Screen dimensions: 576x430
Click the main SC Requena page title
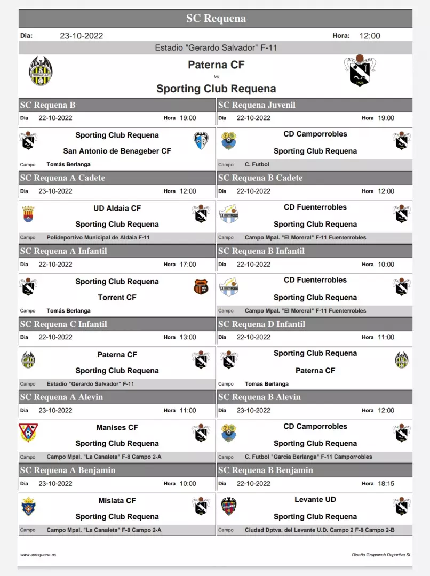click(216, 19)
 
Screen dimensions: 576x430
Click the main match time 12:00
click(370, 36)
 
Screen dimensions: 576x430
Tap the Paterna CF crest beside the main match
click(41, 71)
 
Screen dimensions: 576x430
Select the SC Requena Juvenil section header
click(257, 105)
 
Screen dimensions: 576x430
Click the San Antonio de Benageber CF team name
click(117, 151)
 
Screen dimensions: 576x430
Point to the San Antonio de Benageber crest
click(201, 141)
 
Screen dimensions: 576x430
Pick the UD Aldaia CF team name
click(117, 208)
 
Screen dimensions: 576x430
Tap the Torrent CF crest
click(201, 287)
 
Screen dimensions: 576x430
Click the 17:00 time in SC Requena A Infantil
click(188, 264)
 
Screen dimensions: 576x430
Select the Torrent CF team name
click(117, 297)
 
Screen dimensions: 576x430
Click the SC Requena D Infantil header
click(261, 324)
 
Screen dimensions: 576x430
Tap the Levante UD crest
click(229, 506)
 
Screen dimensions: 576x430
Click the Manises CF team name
click(117, 427)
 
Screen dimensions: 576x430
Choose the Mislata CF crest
click(28, 506)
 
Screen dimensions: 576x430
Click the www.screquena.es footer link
click(38, 555)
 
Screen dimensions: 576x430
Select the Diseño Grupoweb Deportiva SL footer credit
click(381, 555)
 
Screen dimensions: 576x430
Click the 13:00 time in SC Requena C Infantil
click(188, 337)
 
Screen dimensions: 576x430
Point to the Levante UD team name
click(315, 500)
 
